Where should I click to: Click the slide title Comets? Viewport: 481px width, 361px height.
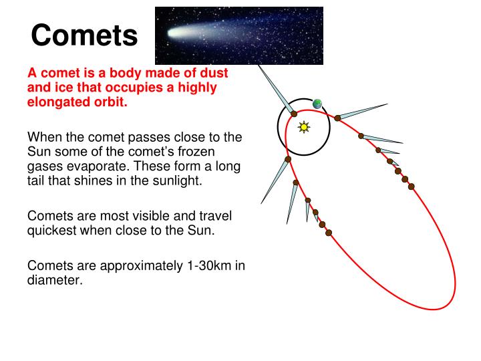84,35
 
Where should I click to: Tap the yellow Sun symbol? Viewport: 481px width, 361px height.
304,126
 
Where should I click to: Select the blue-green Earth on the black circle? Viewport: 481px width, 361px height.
317,104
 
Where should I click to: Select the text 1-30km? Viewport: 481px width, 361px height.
208,265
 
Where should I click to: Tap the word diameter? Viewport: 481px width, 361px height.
53,281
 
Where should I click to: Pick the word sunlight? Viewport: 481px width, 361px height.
177,181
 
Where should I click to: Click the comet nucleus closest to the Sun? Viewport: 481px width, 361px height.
294,114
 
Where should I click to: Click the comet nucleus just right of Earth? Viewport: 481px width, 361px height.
338,118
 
